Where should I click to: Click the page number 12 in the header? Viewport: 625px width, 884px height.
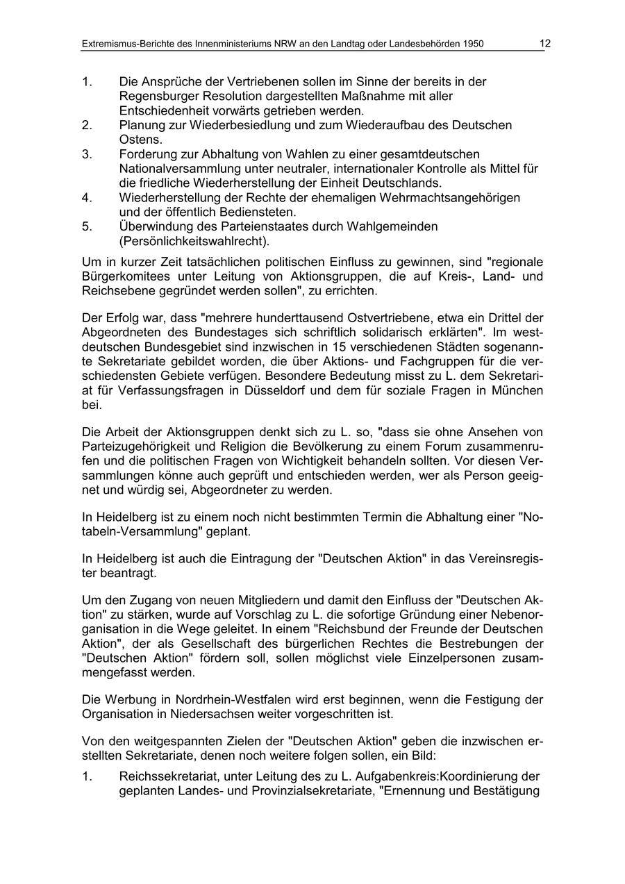(545, 43)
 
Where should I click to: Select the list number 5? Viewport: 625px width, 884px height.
(86, 226)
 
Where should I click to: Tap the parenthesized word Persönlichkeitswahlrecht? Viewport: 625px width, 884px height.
(194, 241)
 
